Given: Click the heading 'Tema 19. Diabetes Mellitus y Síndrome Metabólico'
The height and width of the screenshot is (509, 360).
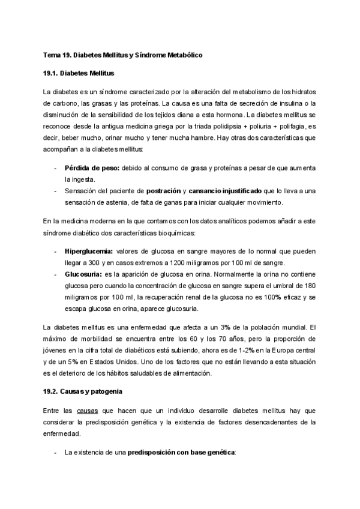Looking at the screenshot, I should click(123, 55).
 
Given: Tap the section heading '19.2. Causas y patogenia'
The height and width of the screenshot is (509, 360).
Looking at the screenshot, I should click(83, 391).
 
